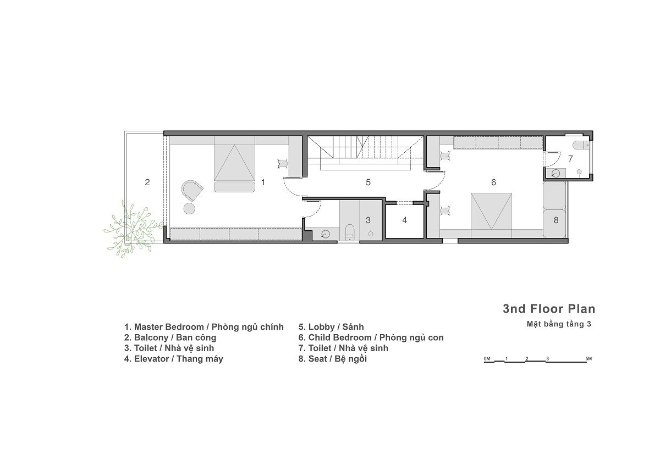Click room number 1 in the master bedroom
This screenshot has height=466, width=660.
263,182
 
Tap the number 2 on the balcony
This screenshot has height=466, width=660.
147,182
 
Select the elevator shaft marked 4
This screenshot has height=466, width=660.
405,220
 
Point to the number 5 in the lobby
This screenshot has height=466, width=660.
369,182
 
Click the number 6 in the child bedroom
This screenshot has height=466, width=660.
493,182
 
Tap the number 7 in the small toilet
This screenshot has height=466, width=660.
570,158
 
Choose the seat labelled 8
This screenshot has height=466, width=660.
555,220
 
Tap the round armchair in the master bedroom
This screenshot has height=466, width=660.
192,191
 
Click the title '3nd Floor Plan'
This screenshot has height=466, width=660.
548,309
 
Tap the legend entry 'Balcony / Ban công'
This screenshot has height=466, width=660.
170,337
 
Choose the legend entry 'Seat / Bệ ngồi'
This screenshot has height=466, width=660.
332,359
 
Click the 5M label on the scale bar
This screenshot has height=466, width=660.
588,358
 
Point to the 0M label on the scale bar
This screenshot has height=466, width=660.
487,358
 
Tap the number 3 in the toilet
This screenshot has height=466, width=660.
369,220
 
